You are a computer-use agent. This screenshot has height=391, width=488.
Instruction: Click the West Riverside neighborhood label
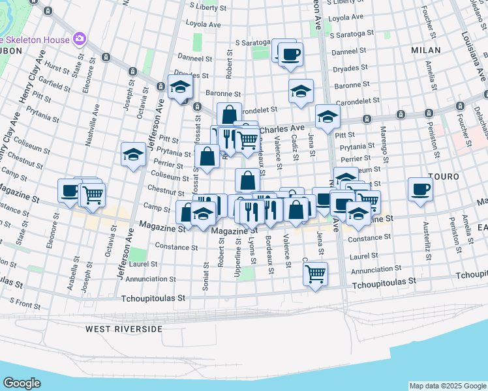pyautogui.click(x=124, y=329)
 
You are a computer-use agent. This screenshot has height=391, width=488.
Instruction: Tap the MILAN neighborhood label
pyautogui.click(x=426, y=50)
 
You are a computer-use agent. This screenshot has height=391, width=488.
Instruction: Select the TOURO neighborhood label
pyautogui.click(x=444, y=177)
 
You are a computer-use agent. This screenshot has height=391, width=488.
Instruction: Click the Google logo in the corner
pyautogui.click(x=22, y=383)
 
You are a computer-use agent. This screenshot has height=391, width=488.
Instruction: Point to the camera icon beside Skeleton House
pyautogui.click(x=80, y=39)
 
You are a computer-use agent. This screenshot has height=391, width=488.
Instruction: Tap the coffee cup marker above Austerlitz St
pyautogui.click(x=420, y=190)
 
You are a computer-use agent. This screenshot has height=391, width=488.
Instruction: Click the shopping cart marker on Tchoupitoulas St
pyautogui.click(x=316, y=274)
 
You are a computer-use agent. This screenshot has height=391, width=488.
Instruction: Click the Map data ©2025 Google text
pyautogui.click(x=447, y=386)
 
